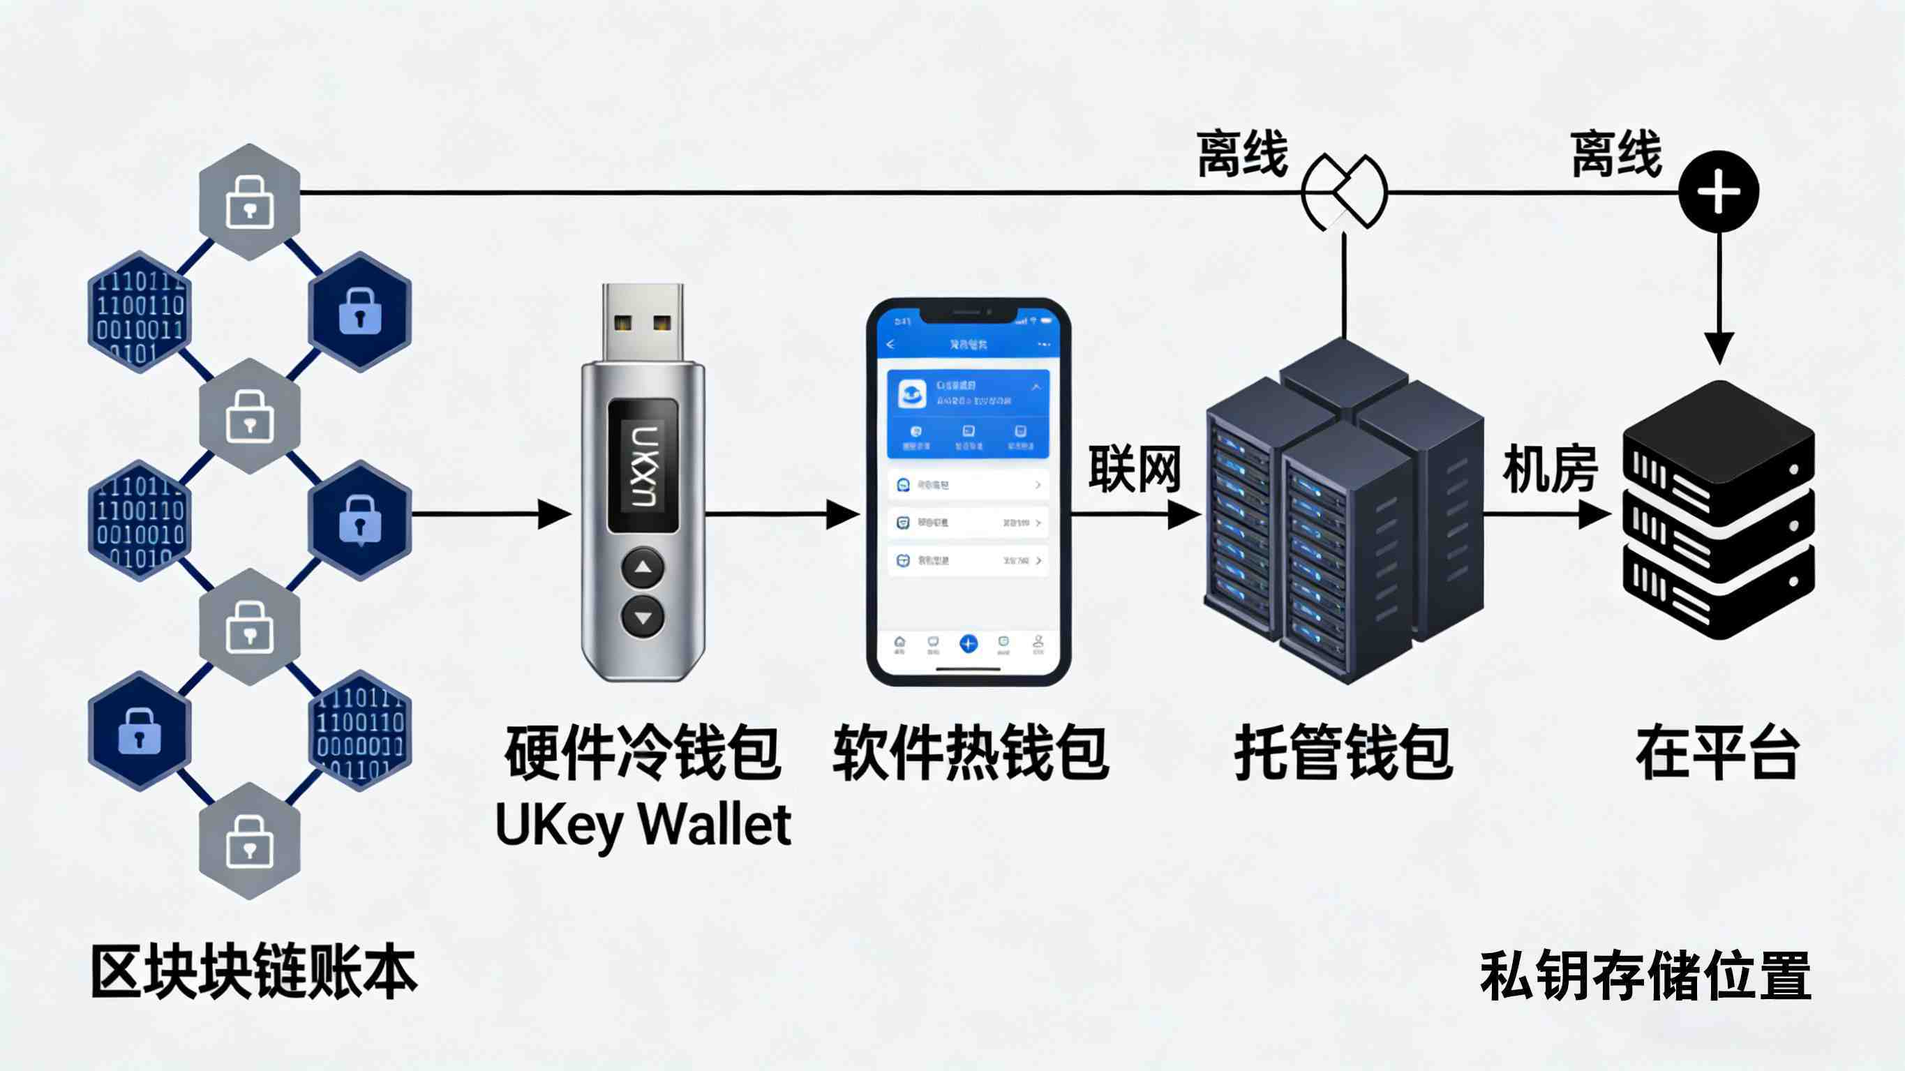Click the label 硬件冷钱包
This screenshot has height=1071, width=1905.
tap(642, 752)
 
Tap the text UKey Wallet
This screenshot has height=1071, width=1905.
tap(643, 824)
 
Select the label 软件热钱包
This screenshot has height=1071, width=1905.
tap(969, 752)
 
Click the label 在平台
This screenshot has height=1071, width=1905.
tap(1718, 752)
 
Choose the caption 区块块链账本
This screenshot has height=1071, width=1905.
tap(255, 971)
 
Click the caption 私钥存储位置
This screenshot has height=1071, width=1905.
tap(1645, 975)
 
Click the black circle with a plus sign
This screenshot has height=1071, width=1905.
tap(1719, 192)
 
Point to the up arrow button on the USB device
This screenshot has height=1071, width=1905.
tap(643, 568)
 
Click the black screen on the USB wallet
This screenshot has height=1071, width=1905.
tap(643, 466)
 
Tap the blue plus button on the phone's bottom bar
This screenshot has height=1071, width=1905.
tap(968, 643)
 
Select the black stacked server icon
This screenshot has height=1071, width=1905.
tap(1718, 510)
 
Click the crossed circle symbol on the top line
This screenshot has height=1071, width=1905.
tap(1345, 193)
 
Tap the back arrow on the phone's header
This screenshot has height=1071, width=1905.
tap(890, 345)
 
